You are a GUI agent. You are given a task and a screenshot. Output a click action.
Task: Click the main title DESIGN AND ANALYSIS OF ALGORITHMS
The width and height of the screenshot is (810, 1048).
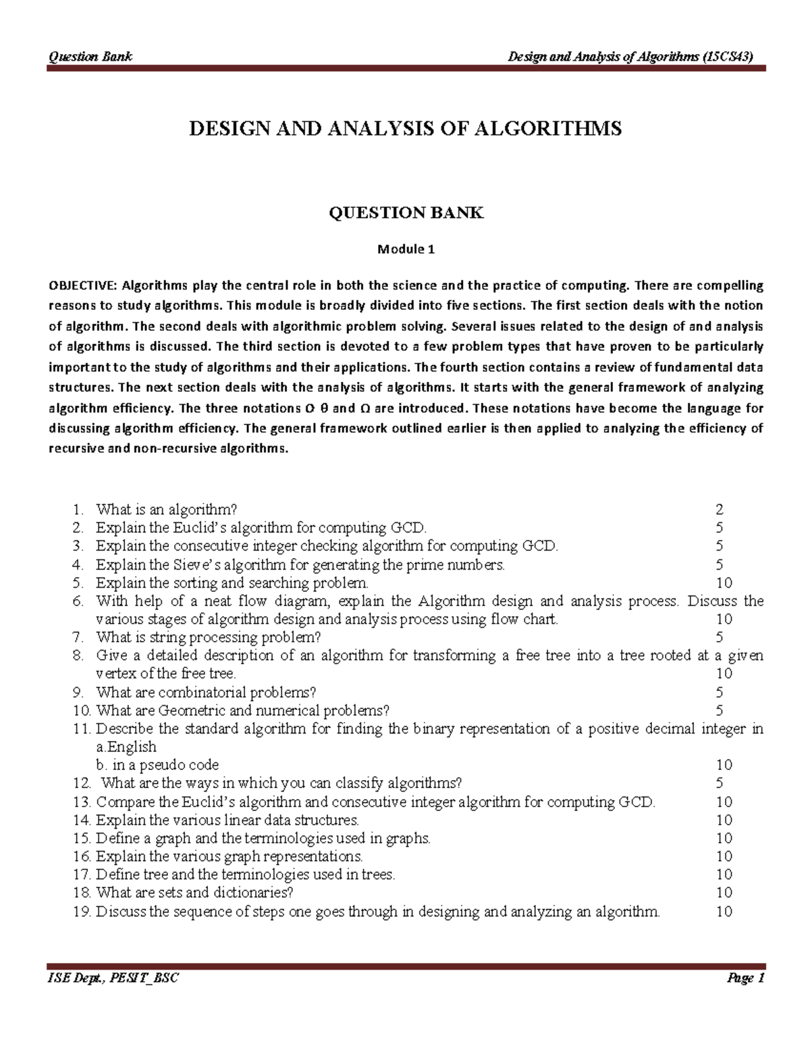pyautogui.click(x=405, y=129)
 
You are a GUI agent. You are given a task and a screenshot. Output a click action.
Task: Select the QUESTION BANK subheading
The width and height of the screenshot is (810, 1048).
pyautogui.click(x=406, y=213)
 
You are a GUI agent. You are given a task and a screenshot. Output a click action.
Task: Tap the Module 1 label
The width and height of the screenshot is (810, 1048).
pyautogui.click(x=406, y=249)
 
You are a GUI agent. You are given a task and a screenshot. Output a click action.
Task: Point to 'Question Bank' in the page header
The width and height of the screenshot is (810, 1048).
pyautogui.click(x=90, y=57)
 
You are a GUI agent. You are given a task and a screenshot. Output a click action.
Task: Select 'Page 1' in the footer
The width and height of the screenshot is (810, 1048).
pyautogui.click(x=745, y=978)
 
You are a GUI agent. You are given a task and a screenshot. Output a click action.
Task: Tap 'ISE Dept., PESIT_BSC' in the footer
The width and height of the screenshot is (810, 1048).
pyautogui.click(x=113, y=978)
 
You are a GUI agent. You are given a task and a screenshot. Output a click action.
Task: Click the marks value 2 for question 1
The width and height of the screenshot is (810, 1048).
pyautogui.click(x=720, y=509)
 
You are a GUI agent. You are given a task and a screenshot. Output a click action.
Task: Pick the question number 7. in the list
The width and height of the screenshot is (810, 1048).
pyautogui.click(x=78, y=637)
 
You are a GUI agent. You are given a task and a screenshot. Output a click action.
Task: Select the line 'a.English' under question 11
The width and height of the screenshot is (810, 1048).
pyautogui.click(x=126, y=747)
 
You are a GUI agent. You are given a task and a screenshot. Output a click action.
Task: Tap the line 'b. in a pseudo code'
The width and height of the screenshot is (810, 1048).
pyautogui.click(x=157, y=765)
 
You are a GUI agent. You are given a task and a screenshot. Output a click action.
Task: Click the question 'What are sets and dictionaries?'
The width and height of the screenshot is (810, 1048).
pyautogui.click(x=195, y=893)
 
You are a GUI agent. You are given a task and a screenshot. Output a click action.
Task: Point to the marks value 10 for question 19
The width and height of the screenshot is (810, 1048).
pyautogui.click(x=724, y=912)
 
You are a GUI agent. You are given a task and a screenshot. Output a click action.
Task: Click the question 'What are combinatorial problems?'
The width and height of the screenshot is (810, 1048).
pyautogui.click(x=206, y=692)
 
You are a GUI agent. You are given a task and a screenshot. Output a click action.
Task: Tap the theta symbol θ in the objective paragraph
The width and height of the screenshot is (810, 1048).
pyautogui.click(x=324, y=408)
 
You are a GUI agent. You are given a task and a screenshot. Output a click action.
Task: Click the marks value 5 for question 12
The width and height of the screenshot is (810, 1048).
pyautogui.click(x=720, y=783)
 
